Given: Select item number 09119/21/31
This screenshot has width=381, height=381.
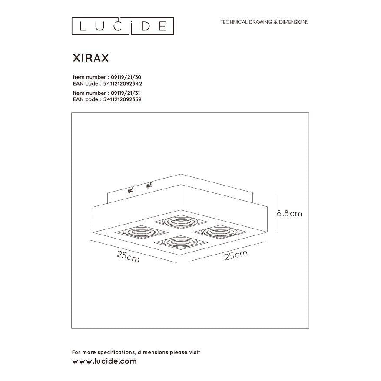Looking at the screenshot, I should tap(124, 93).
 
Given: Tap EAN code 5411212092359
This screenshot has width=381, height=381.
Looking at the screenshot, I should tap(121, 99).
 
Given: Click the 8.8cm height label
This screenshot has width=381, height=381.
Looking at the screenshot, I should tap(289, 214).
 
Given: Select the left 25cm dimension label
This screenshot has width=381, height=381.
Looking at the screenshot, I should tap(128, 257).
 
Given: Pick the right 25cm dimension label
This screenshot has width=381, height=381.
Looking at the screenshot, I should tap(236, 255).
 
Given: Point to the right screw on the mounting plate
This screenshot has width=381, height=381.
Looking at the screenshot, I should tap(149, 186).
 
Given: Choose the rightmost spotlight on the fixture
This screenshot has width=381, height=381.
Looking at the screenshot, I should tap(214, 231).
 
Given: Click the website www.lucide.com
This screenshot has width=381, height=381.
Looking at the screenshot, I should tap(104, 361).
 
